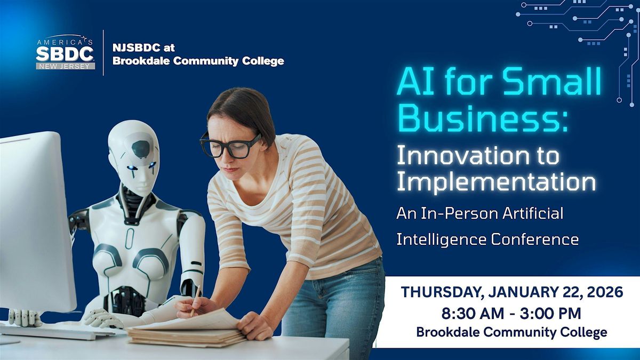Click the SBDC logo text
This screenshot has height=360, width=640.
click(65, 54)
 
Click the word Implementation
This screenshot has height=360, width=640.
click(496, 181)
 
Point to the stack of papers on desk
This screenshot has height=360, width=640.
click(184, 331)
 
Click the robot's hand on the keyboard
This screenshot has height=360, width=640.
click(101, 318)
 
